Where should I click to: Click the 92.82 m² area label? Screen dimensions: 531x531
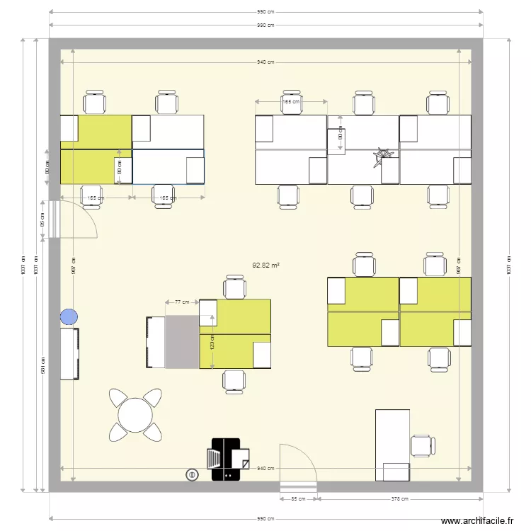point(265,265)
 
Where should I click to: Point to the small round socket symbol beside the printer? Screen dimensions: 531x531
point(190,474)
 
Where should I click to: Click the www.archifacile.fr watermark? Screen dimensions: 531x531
point(478,521)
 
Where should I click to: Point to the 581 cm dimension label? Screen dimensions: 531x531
point(43,365)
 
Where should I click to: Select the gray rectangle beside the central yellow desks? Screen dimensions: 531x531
point(182,343)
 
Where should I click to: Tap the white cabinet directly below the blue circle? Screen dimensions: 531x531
point(69,353)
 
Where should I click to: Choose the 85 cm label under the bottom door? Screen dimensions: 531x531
point(298,498)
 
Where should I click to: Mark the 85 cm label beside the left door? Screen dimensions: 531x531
point(43,220)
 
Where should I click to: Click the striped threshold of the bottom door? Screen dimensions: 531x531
point(298,486)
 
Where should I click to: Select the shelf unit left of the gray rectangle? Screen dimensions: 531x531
point(154,343)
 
